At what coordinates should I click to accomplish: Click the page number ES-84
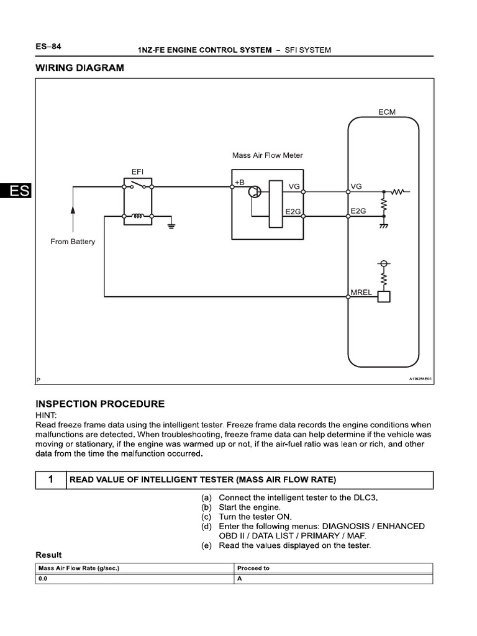[48, 47]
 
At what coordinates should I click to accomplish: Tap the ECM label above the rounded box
[386, 112]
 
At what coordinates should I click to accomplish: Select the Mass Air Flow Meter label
[268, 155]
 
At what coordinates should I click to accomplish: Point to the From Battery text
[73, 242]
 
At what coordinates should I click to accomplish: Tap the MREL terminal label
[361, 291]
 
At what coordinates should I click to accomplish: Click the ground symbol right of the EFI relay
[171, 225]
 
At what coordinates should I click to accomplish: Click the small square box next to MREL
[384, 297]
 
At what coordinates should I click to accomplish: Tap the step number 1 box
[49, 479]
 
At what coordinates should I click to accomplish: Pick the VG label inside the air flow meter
[294, 186]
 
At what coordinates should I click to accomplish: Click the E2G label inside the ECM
[358, 211]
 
